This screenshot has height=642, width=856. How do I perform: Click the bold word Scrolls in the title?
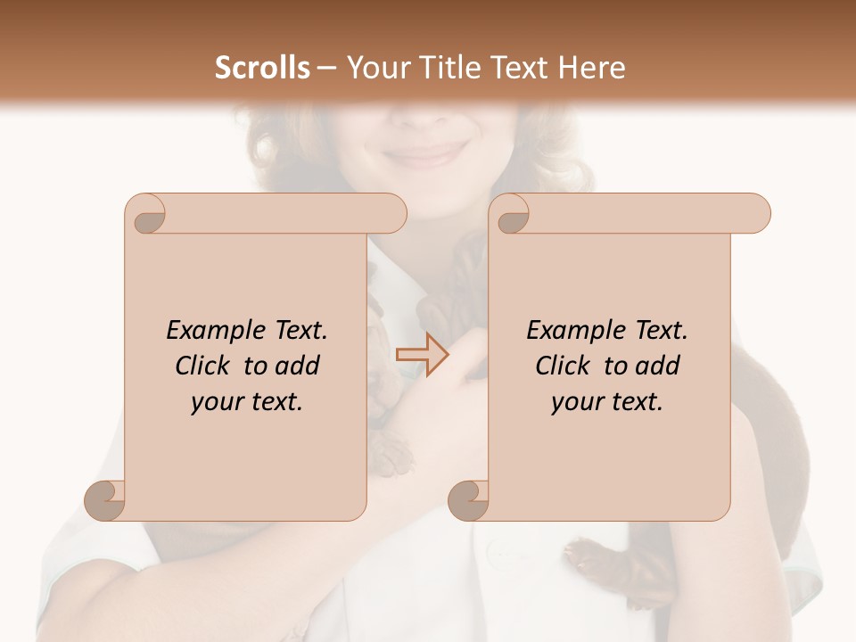[x=262, y=68]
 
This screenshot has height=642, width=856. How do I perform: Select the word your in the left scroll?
[x=216, y=402]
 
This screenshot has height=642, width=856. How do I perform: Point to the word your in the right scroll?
[x=576, y=402]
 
